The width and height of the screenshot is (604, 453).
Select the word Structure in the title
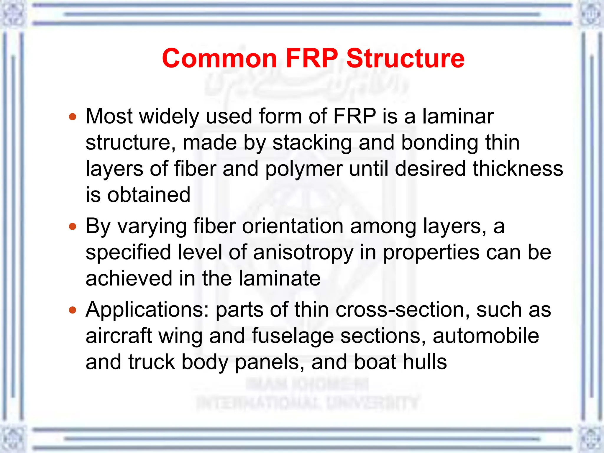click(x=405, y=58)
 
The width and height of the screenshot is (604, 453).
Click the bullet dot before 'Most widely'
click(x=73, y=117)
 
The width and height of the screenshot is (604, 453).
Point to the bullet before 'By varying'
click(x=73, y=227)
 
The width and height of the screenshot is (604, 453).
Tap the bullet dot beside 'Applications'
click(x=73, y=310)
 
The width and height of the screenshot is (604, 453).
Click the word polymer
click(x=304, y=169)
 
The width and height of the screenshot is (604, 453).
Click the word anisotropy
click(x=303, y=253)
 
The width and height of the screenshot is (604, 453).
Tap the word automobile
click(x=486, y=336)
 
